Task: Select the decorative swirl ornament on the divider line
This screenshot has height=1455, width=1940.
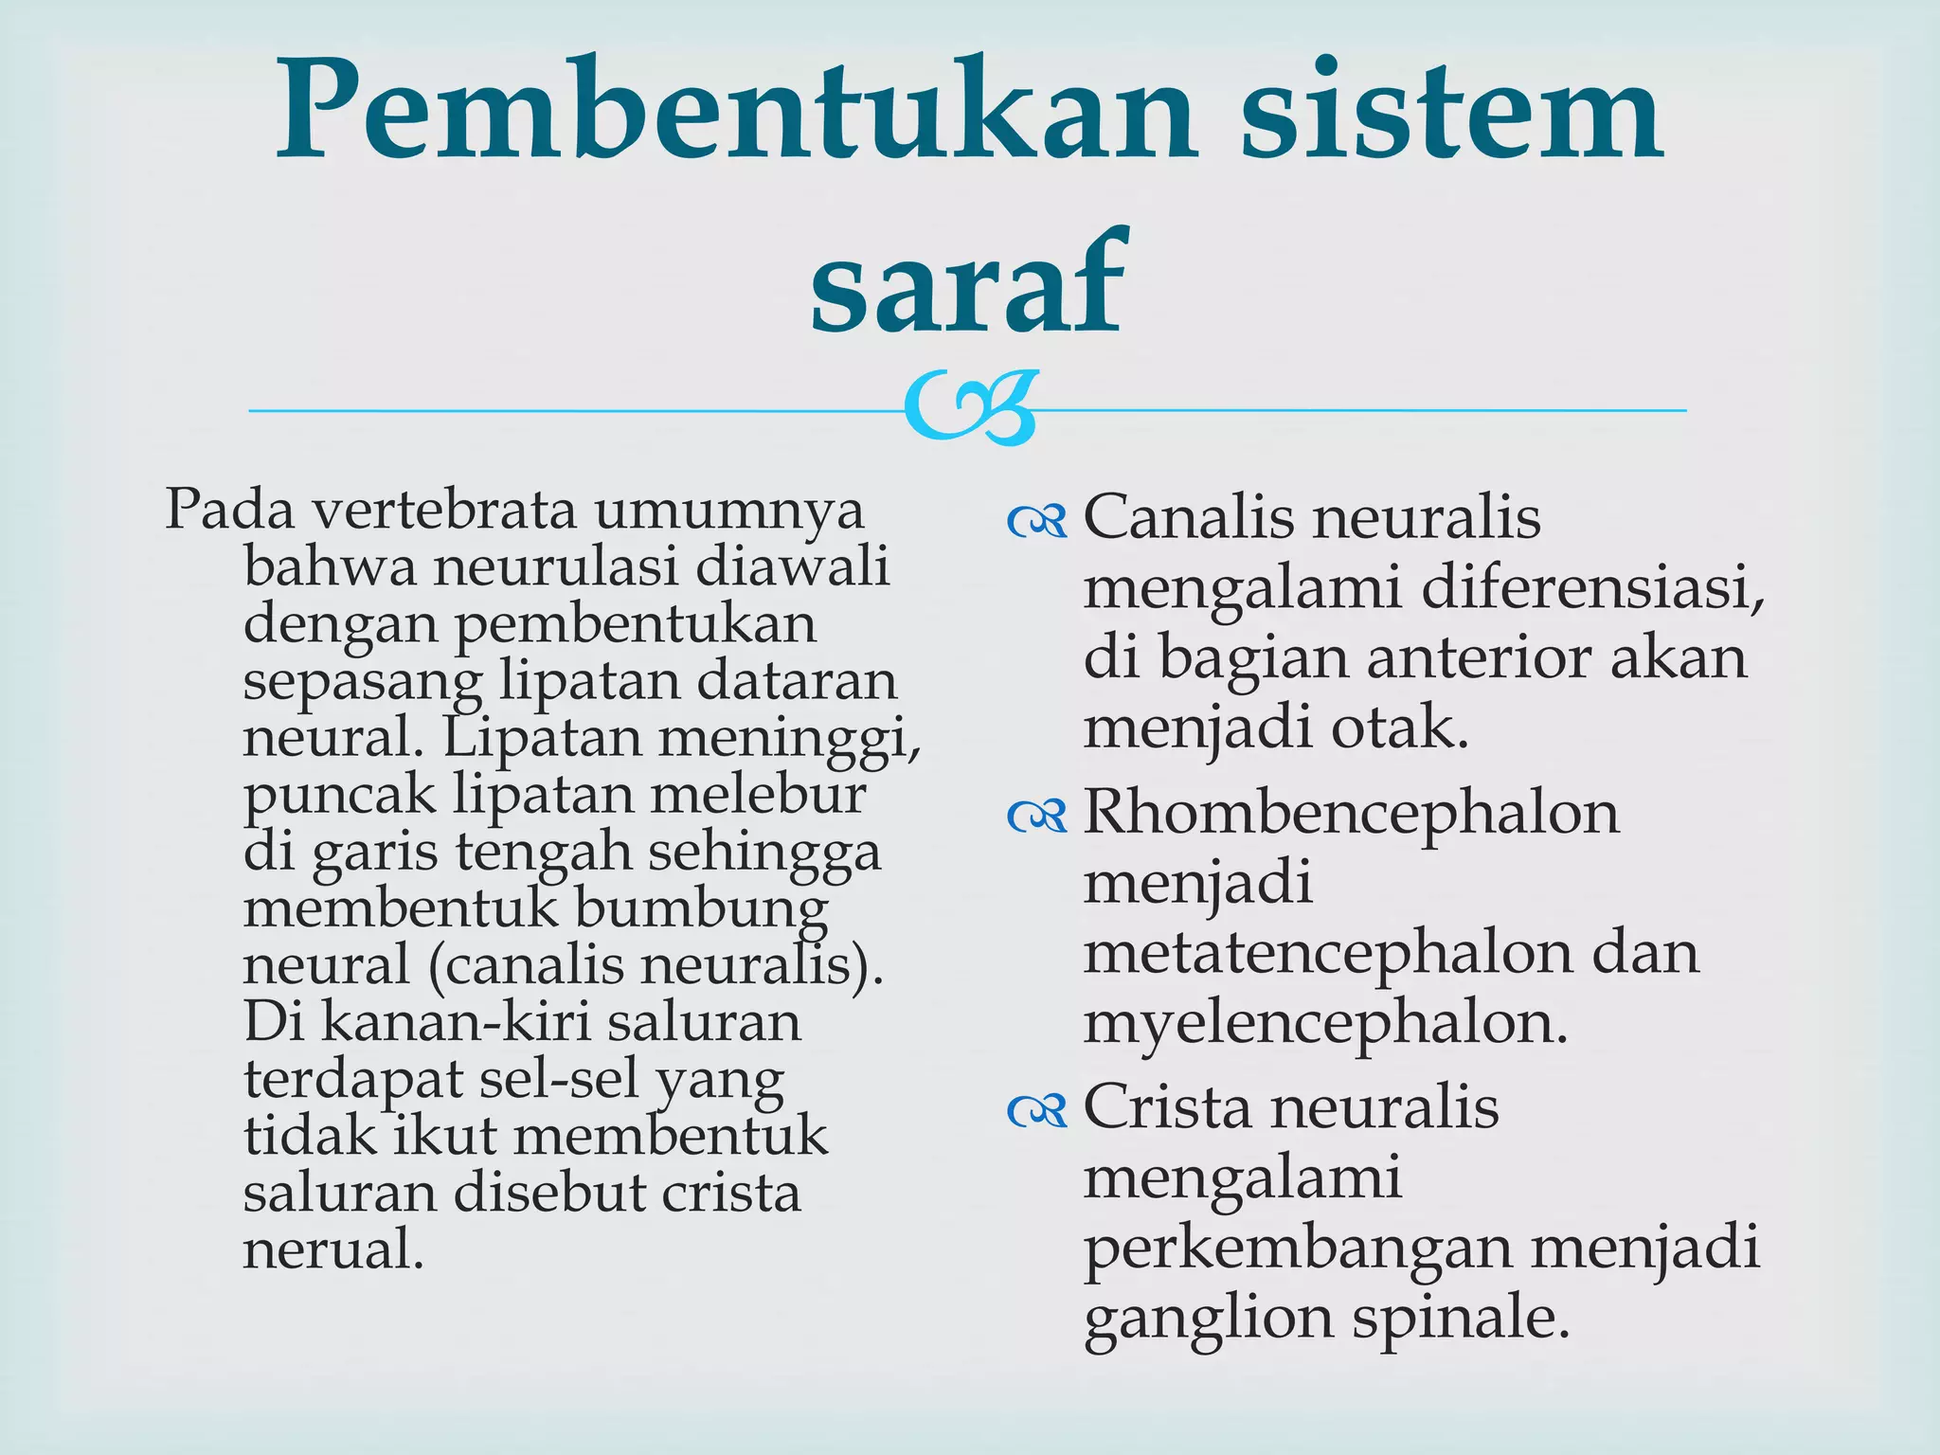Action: click(969, 409)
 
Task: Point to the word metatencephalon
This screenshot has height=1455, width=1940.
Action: click(1330, 953)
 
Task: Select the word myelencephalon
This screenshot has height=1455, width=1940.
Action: click(1325, 1025)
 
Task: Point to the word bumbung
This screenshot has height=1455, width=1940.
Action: click(700, 909)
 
